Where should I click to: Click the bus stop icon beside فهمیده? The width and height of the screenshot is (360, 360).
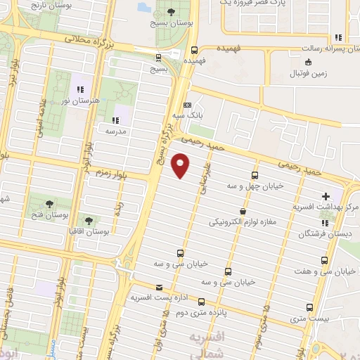click(x=194, y=49)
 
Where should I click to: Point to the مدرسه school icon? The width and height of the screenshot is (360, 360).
click(x=115, y=120)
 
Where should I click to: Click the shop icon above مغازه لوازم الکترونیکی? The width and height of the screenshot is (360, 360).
click(x=243, y=210)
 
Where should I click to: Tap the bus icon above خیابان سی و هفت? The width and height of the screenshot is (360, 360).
click(x=324, y=259)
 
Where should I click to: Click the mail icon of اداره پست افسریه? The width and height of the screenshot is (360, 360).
click(x=159, y=287)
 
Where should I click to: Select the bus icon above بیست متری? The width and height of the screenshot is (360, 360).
click(x=310, y=307)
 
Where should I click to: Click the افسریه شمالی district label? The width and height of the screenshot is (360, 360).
click(x=208, y=345)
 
